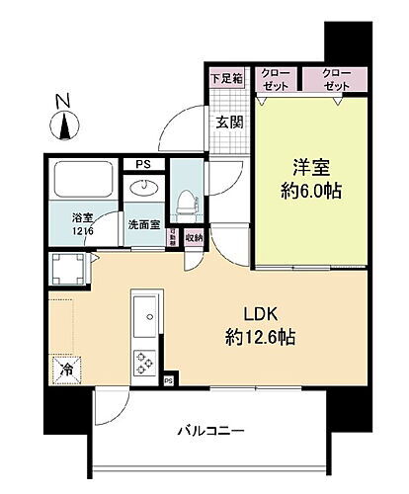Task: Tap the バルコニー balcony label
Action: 211,431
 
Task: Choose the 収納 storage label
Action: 194,237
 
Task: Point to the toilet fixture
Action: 185,204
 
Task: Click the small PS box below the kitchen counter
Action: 168,379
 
